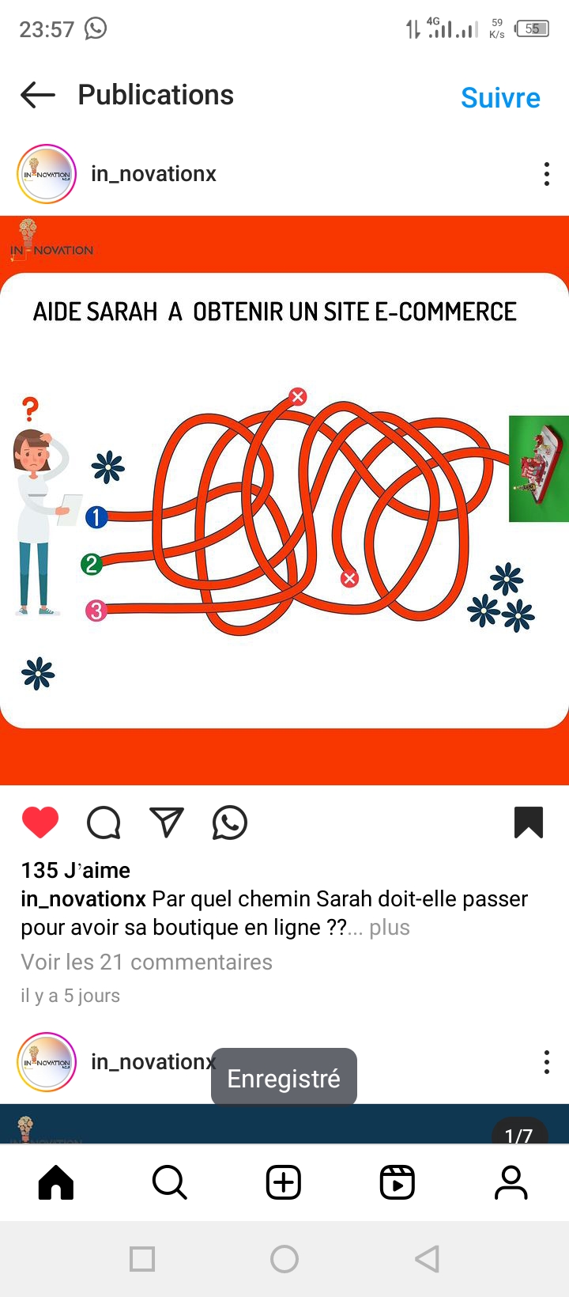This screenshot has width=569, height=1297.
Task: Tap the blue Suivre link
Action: tap(500, 98)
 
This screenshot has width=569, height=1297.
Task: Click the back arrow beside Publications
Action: tap(38, 95)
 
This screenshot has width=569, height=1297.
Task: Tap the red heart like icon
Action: tap(40, 822)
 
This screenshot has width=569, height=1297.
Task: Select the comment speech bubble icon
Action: tap(104, 822)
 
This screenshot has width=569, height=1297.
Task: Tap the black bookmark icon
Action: tap(529, 822)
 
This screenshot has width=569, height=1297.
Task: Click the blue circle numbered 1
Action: tap(96, 517)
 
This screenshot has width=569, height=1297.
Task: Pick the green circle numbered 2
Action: tap(92, 564)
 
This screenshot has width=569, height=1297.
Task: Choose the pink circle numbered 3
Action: tap(96, 611)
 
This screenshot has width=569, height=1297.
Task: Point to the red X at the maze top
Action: tap(298, 397)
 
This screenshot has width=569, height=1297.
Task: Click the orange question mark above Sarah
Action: tap(30, 409)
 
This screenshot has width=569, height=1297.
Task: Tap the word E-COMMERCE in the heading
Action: tap(446, 312)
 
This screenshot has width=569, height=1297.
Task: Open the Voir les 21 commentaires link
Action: tap(146, 962)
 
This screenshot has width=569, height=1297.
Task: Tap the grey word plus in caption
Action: tap(390, 928)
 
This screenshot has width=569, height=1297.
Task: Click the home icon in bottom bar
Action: tap(56, 1182)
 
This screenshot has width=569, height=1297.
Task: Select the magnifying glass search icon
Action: tap(170, 1182)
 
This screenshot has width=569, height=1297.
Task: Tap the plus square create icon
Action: tap(284, 1182)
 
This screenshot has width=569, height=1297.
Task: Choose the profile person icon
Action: tap(511, 1182)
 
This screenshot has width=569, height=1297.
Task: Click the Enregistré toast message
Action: tap(284, 1078)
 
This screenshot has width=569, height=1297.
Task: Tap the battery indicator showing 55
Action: tap(532, 28)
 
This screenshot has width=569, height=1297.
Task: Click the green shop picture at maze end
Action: tap(539, 468)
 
